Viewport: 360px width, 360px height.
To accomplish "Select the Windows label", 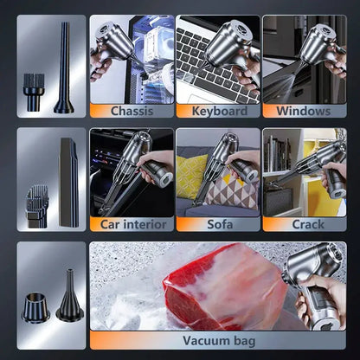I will (303, 112).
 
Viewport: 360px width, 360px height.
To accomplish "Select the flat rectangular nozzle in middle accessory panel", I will (67, 177).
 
